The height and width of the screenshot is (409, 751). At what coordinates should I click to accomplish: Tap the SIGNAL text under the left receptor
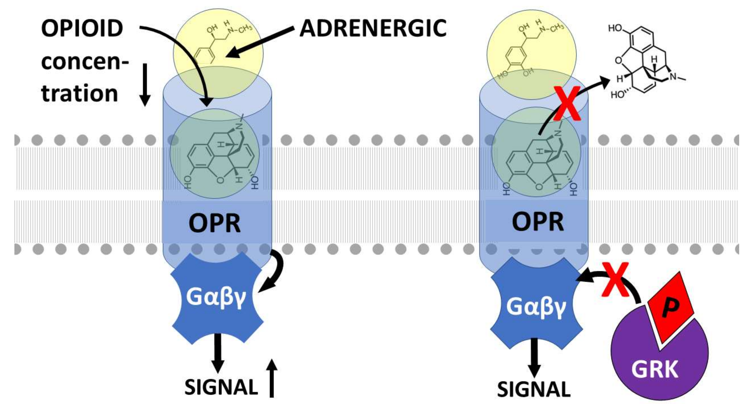click(221, 387)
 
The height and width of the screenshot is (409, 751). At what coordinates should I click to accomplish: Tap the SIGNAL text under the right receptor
click(534, 389)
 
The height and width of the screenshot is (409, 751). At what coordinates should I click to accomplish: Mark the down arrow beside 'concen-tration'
click(145, 84)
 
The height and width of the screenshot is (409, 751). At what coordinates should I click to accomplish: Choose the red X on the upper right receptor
click(567, 105)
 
